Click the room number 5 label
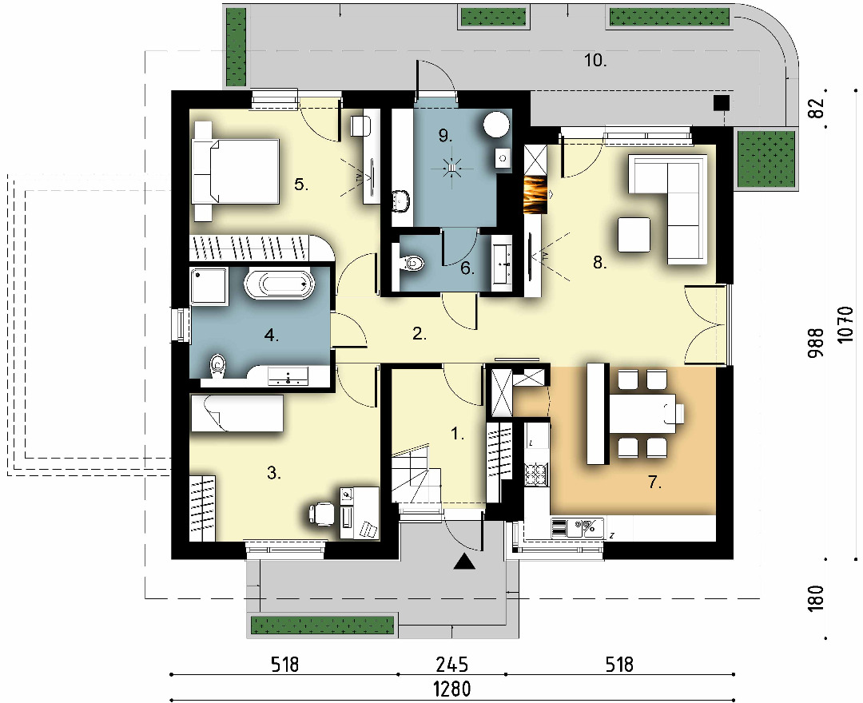[300, 185]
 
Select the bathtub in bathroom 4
[279, 284]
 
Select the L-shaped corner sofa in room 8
[668, 209]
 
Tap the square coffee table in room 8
[634, 234]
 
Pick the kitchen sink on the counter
[578, 528]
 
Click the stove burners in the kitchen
[536, 474]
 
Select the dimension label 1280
[451, 689]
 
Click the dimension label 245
[451, 665]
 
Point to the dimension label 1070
[846, 324]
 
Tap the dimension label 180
[817, 598]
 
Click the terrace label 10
[595, 60]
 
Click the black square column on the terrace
[721, 102]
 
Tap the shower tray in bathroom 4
[209, 285]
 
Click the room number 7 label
[654, 483]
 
